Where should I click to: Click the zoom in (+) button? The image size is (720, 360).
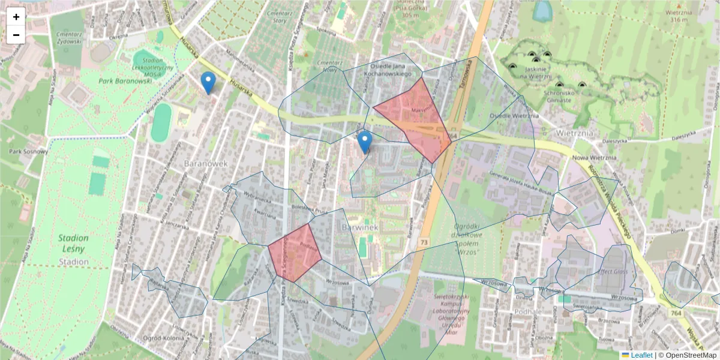pyautogui.click(x=16, y=17)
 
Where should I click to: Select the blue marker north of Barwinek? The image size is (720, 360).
pyautogui.click(x=364, y=142)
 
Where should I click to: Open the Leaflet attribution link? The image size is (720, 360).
pyautogui.click(x=641, y=355)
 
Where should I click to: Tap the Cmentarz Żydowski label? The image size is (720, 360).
pyautogui.click(x=68, y=39)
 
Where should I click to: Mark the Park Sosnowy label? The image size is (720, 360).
pyautogui.click(x=25, y=151)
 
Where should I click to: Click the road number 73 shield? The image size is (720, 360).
pyautogui.click(x=424, y=242)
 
